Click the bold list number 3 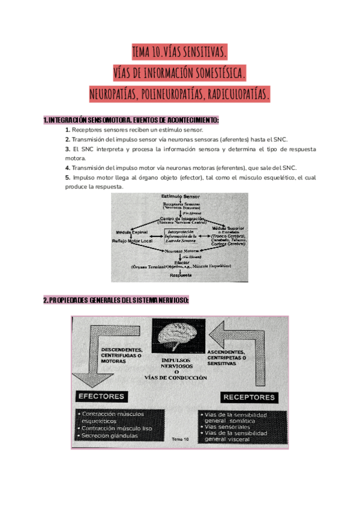tap(68, 149)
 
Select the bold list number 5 tap(68, 178)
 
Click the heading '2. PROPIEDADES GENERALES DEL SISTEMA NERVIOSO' tap(116, 301)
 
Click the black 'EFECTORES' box tap(102, 397)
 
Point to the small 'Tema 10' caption tap(180, 439)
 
